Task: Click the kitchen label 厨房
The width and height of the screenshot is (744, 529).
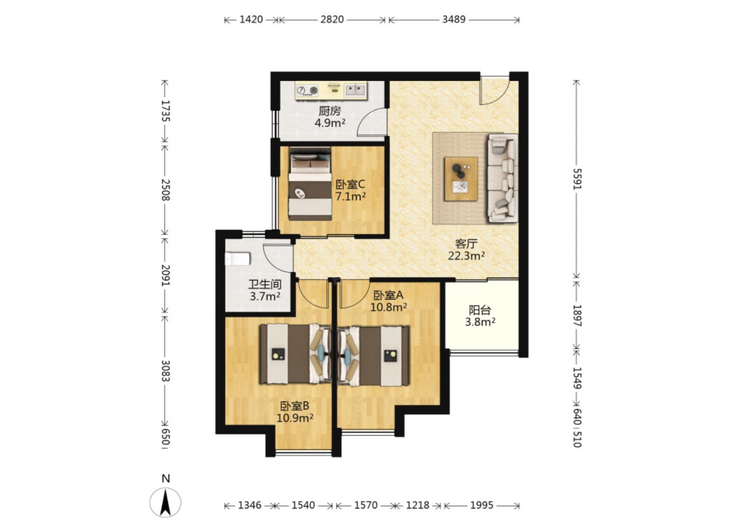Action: [330, 111]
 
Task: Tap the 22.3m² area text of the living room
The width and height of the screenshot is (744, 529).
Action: [466, 256]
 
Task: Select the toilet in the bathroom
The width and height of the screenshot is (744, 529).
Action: [238, 259]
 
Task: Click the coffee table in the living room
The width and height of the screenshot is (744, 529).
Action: [461, 179]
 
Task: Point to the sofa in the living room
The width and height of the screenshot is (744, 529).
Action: [503, 178]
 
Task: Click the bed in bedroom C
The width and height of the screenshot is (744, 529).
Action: [310, 183]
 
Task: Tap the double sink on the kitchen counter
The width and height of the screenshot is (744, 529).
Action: [355, 89]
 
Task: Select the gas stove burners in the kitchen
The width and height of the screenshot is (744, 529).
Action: [307, 90]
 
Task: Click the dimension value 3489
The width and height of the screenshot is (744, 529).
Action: [454, 20]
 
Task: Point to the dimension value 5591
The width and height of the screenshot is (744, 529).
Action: [578, 179]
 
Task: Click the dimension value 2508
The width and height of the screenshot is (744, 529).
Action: [165, 190]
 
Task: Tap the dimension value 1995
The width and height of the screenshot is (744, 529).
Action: [482, 505]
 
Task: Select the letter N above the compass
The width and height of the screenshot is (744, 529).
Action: [166, 478]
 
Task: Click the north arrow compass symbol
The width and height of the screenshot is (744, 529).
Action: [165, 503]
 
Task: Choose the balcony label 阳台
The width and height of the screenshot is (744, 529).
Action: [479, 310]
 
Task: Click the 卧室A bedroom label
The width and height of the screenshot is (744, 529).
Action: [389, 294]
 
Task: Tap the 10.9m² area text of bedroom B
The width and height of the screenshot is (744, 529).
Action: [295, 418]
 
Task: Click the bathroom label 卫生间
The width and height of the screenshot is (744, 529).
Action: [265, 284]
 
